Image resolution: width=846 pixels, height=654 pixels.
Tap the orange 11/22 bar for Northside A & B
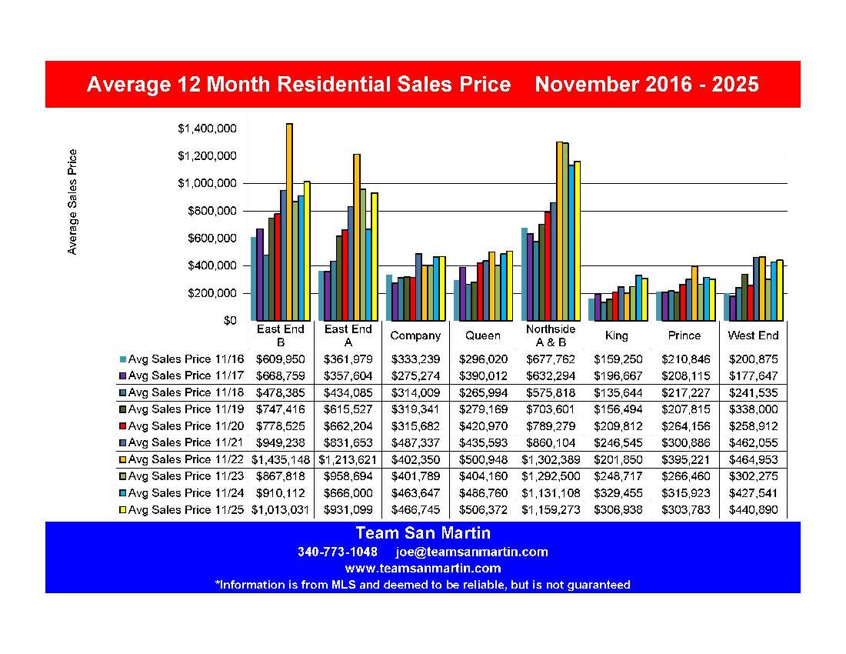tap(559, 231)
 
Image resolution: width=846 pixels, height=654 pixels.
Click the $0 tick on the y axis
tap(228, 321)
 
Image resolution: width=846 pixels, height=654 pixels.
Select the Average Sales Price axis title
tap(72, 202)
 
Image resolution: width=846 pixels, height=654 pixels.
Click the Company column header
tap(415, 335)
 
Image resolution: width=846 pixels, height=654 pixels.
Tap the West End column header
tap(753, 335)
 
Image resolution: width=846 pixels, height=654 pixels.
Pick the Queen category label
tap(483, 335)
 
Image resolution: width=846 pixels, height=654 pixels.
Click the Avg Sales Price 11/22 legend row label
tap(180, 459)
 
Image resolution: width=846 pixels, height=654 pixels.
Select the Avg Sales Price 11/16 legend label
tap(180, 359)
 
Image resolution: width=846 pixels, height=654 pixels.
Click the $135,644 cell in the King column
tap(618, 392)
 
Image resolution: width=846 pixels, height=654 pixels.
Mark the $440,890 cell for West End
tap(753, 510)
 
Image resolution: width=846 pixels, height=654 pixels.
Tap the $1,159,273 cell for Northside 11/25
tap(551, 510)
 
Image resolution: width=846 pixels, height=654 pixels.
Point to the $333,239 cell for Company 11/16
tap(415, 359)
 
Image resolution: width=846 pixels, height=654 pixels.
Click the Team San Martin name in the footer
tap(422, 533)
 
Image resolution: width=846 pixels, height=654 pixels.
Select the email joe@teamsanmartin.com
tap(471, 552)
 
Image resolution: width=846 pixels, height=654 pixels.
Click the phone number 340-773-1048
tap(337, 552)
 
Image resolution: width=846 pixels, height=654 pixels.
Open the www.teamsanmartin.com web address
tap(422, 569)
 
